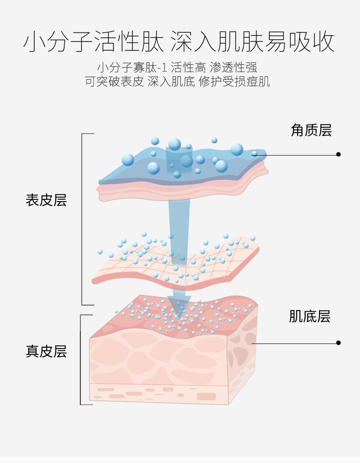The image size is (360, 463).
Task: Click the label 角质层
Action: click(311, 130)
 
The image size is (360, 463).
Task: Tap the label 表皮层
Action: click(46, 200)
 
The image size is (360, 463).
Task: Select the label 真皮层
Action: click(46, 351)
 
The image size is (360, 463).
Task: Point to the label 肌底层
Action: click(309, 316)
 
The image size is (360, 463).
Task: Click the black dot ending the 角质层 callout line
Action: click(338, 155)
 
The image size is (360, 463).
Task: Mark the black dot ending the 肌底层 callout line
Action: click(338, 343)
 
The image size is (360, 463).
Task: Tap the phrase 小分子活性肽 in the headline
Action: click(94, 42)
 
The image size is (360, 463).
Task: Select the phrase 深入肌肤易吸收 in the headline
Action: click(253, 42)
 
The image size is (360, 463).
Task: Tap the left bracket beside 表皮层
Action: click(82, 219)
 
